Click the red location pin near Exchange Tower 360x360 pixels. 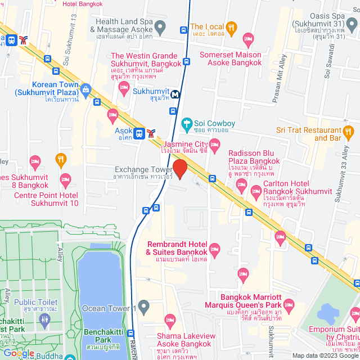coord(179,169)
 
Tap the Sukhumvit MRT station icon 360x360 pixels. coord(176,94)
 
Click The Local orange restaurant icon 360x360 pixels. coord(231,27)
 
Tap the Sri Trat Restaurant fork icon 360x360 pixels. coord(348,131)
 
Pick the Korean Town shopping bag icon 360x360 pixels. coord(85,89)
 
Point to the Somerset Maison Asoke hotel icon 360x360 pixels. coord(248,40)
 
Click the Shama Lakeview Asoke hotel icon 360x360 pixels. coord(169,321)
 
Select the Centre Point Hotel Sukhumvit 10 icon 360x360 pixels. coord(65,181)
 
